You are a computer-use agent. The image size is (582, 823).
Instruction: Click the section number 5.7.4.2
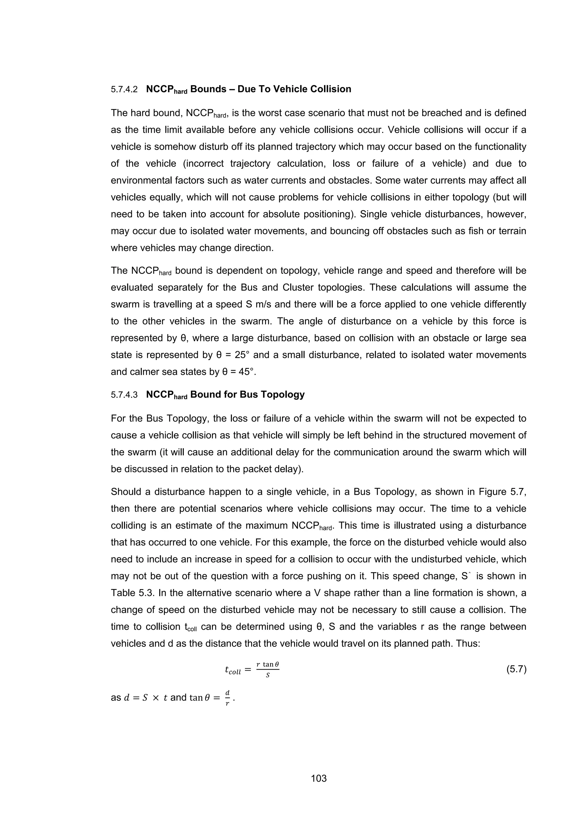pyautogui.click(x=124, y=89)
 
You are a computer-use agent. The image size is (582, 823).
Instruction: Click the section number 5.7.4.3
pyautogui.click(x=124, y=395)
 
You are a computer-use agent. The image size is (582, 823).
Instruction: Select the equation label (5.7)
pyautogui.click(x=516, y=669)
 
